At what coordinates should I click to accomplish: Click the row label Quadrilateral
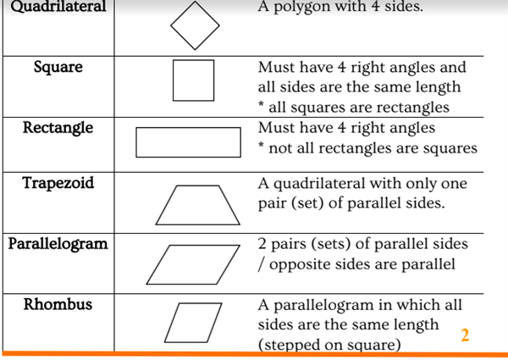(58, 7)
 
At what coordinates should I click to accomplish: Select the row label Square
(58, 67)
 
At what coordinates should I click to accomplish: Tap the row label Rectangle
(58, 128)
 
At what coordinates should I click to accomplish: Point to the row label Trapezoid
(58, 183)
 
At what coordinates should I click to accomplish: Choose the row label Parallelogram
(58, 244)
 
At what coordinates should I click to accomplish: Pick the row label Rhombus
(58, 304)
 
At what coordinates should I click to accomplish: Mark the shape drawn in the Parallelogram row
(193, 246)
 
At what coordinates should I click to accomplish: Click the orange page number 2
(465, 335)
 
